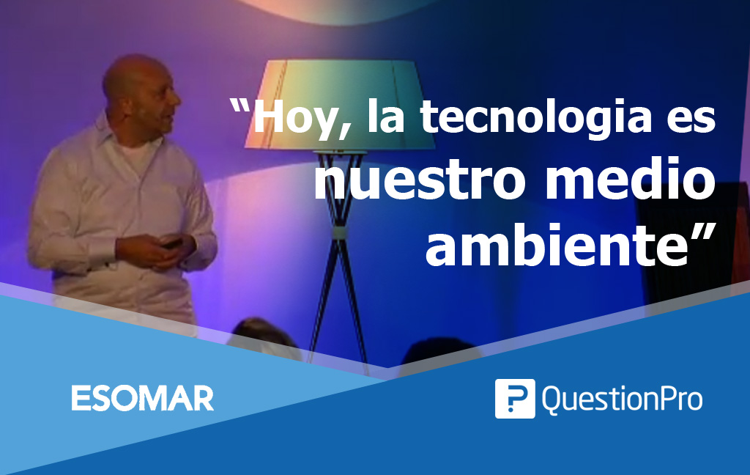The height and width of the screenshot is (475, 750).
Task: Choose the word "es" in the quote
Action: coord(691,119)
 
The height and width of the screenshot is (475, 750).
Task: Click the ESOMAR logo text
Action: coord(143,398)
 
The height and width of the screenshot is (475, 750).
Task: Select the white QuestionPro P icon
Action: coord(515,398)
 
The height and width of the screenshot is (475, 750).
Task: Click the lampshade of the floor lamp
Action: coord(340,104)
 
